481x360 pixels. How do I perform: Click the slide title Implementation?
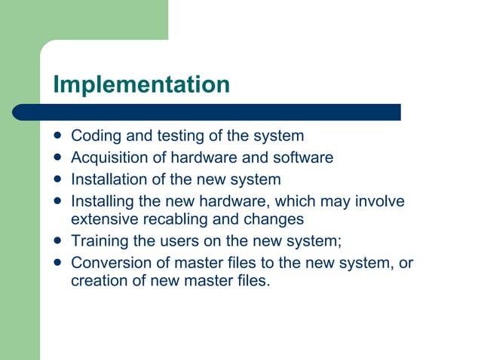click(x=141, y=84)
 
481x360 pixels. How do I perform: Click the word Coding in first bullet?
click(x=93, y=136)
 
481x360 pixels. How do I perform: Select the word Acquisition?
click(x=107, y=158)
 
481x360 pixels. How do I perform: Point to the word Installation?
click(x=106, y=180)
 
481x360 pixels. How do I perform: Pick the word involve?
click(x=380, y=202)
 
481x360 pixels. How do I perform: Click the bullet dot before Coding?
click(x=59, y=136)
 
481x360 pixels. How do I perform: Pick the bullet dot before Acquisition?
click(x=59, y=158)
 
